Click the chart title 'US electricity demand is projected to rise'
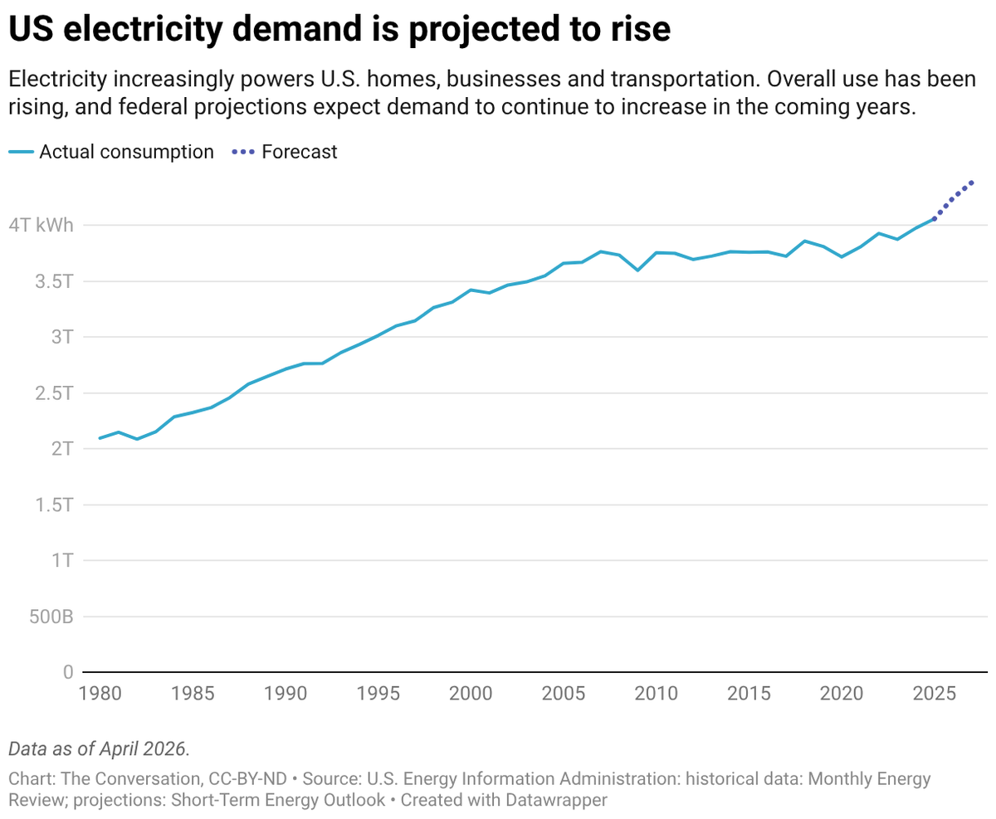tap(339, 29)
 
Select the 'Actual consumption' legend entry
tap(111, 152)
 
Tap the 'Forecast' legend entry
tap(285, 152)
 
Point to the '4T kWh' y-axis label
tap(41, 225)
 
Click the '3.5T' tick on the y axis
tap(54, 281)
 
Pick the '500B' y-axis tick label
tap(51, 617)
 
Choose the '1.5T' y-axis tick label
tap(54, 505)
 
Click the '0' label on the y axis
tap(69, 672)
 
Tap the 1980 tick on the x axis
tap(100, 694)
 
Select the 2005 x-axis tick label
tap(564, 694)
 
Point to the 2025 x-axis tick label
tap(934, 694)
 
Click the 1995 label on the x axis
tap(378, 694)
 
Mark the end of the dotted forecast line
tap(971, 183)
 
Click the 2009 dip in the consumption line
tap(637, 270)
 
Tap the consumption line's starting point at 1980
tap(100, 438)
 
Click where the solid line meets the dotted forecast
tap(934, 218)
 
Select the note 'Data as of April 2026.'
tap(99, 749)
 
